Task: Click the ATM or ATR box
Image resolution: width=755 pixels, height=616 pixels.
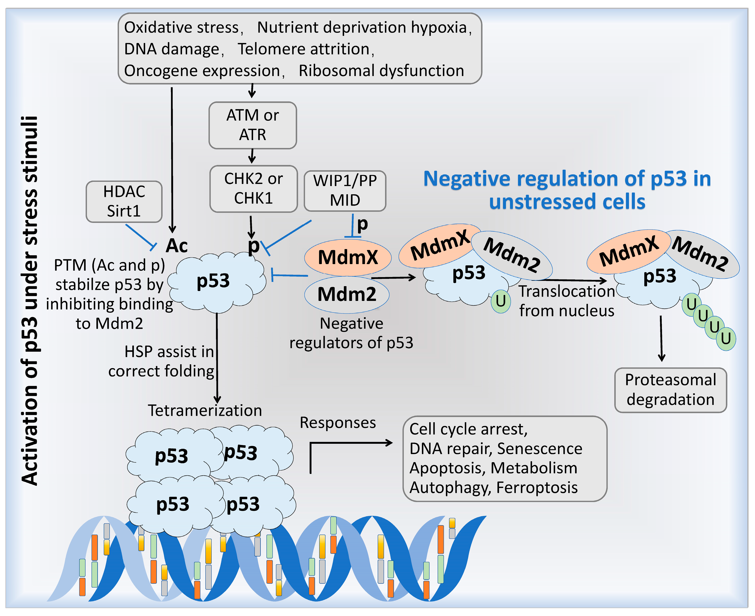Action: tap(252, 125)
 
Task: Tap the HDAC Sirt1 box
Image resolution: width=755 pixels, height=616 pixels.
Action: tap(124, 201)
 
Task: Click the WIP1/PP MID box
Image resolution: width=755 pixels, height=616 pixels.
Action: tap(345, 190)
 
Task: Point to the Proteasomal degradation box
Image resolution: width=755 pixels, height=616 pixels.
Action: tap(670, 390)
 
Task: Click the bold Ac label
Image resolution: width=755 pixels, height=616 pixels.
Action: tap(176, 246)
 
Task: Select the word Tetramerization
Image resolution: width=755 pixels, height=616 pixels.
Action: tap(205, 411)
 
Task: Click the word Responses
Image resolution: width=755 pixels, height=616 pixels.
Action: tap(338, 423)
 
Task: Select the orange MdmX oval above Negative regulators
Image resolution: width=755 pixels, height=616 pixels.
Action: tap(348, 257)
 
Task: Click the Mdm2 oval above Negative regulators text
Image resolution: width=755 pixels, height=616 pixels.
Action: tap(347, 295)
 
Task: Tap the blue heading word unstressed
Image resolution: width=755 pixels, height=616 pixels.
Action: tap(534, 202)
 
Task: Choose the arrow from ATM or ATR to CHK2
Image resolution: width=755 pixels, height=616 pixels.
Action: tap(252, 156)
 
